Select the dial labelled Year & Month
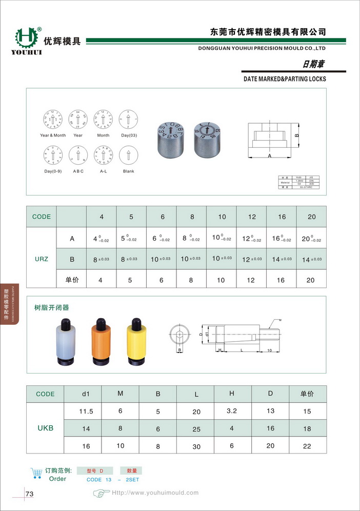[x=53, y=120]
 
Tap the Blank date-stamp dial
[x=128, y=156]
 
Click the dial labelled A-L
[x=103, y=156]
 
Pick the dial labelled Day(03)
[x=128, y=120]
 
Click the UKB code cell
[x=45, y=428]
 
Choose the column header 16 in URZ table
[x=282, y=217]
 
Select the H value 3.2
[x=232, y=411]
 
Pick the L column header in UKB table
[x=196, y=395]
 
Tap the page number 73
[x=29, y=494]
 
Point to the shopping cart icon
[x=36, y=473]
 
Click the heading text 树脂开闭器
[x=51, y=308]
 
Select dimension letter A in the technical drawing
[x=269, y=155]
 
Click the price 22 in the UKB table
[x=307, y=446]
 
